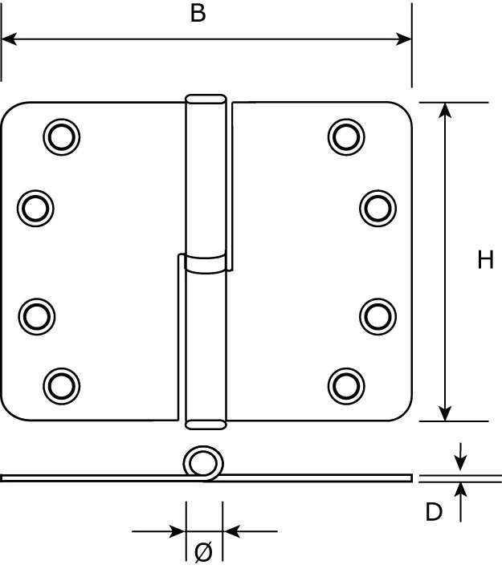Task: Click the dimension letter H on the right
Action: pyautogui.click(x=485, y=260)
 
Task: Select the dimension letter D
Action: pyautogui.click(x=434, y=512)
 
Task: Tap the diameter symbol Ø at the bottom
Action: pyautogui.click(x=203, y=551)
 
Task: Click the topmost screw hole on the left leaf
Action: pyautogui.click(x=61, y=136)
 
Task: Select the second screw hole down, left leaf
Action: pyautogui.click(x=35, y=208)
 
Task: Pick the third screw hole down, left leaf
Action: pyautogui.click(x=35, y=315)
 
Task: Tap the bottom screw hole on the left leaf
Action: pyautogui.click(x=61, y=385)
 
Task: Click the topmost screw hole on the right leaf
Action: pyautogui.click(x=346, y=136)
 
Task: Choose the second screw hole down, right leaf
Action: pyautogui.click(x=377, y=208)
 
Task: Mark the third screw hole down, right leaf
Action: pyautogui.click(x=377, y=315)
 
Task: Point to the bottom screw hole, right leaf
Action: pyautogui.click(x=346, y=385)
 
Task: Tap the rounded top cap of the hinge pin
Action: pyautogui.click(x=206, y=100)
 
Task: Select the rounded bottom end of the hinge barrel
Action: pyautogui.click(x=206, y=423)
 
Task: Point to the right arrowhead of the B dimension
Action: pyautogui.click(x=405, y=39)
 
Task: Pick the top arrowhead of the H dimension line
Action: pyautogui.click(x=445, y=109)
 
